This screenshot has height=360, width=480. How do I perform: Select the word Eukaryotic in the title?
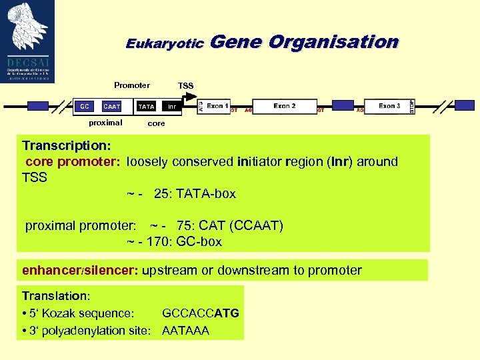165,43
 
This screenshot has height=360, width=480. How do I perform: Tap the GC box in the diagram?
85,107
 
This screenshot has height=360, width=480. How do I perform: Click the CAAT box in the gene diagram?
112,107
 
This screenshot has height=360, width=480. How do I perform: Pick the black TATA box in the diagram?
146,107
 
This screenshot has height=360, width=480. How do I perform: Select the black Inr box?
172,107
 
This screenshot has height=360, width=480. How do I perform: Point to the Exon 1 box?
217,106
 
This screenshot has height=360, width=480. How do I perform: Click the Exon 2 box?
285,106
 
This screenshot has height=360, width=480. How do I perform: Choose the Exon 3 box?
389,106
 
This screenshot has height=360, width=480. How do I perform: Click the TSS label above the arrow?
186,86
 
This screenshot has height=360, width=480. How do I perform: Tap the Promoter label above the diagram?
132,85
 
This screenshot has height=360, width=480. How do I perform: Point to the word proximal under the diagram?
106,123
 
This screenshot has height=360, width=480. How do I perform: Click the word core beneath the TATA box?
156,123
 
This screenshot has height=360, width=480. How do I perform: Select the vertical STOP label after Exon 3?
411,106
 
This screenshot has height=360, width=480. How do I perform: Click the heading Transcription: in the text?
66,145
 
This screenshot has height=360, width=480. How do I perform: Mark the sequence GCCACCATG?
201,313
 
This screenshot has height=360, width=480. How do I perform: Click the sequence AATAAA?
186,330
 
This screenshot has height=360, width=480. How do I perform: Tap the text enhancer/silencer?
80,271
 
